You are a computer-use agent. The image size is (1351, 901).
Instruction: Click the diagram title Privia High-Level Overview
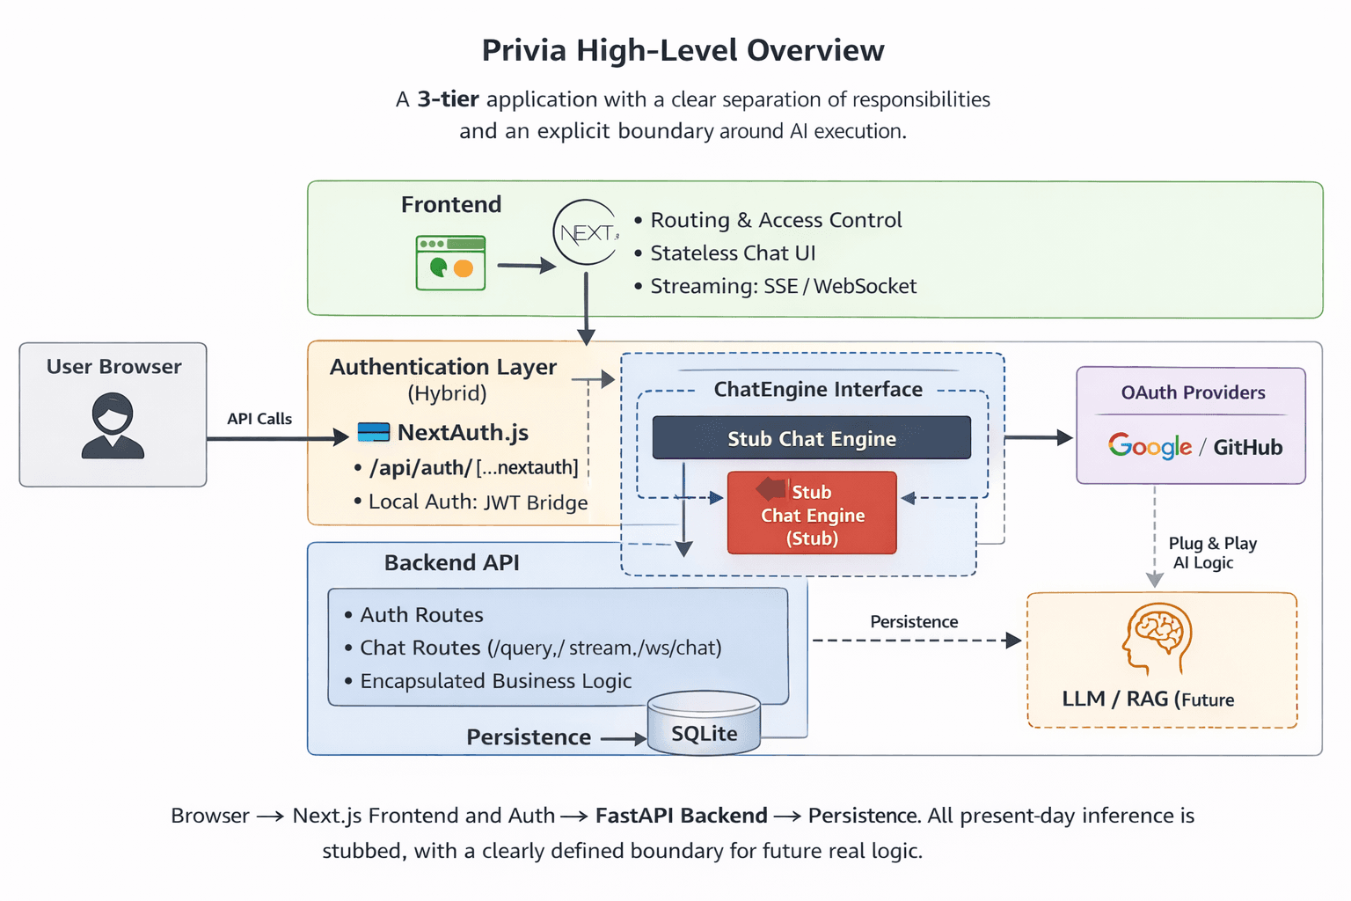point(683,50)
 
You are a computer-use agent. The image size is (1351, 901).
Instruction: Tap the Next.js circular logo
point(585,232)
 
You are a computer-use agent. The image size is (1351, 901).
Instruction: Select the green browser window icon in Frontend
point(450,262)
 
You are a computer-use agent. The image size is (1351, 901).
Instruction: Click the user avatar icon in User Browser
point(113,426)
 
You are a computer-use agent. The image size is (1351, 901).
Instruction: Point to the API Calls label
point(259,419)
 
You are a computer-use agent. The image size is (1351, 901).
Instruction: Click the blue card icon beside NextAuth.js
point(374,432)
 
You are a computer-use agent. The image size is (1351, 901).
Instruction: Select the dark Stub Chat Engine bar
point(811,438)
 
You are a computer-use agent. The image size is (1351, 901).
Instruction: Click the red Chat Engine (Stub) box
point(811,514)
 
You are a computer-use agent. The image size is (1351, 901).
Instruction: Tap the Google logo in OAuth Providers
point(1150,446)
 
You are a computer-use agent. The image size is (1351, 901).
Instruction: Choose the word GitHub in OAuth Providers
point(1247,447)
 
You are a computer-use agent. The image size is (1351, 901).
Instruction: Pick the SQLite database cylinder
point(704,724)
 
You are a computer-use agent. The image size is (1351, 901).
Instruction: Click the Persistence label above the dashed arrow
point(914,621)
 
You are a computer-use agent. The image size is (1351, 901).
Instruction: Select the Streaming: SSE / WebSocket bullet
point(782,286)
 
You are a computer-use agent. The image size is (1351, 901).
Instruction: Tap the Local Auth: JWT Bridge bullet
point(477,502)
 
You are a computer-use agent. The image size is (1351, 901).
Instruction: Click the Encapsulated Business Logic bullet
point(495,681)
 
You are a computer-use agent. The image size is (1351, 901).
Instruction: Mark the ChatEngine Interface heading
point(817,389)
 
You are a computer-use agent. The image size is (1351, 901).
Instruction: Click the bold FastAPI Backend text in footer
point(681,816)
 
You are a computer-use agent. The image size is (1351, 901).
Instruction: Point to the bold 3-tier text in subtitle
point(448,99)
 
